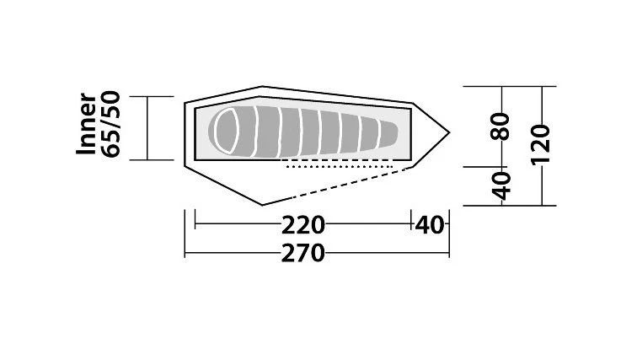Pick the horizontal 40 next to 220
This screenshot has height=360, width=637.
click(430, 225)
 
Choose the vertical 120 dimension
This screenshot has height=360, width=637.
click(542, 145)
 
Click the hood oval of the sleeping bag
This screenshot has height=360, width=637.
click(227, 132)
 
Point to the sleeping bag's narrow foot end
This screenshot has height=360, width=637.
click(393, 132)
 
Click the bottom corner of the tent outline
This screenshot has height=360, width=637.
click(262, 204)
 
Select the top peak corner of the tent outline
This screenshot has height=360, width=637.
click(262, 86)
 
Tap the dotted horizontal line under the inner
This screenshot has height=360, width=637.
click(341, 167)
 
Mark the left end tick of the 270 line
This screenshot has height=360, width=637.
click(185, 253)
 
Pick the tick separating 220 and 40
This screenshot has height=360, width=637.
click(411, 225)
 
